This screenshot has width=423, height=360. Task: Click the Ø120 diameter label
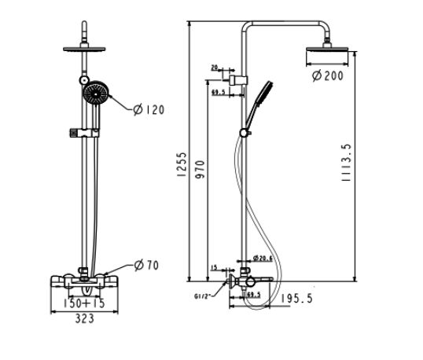pyautogui.click(x=149, y=110)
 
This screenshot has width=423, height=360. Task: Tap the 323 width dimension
pyautogui.click(x=85, y=319)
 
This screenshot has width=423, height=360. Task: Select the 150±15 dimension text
pyautogui.click(x=84, y=303)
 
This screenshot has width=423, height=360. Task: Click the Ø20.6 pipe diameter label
pyautogui.click(x=263, y=259)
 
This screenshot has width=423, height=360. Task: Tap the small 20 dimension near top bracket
pyautogui.click(x=215, y=68)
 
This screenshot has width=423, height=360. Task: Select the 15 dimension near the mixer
pyautogui.click(x=214, y=268)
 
